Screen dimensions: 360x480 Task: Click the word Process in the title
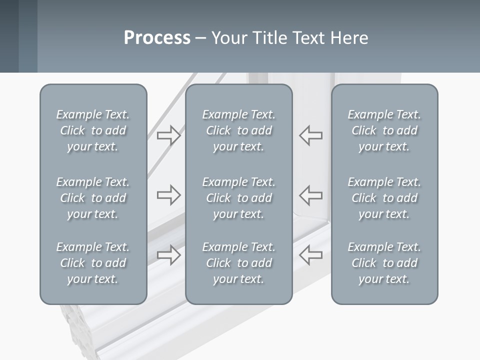[157, 38]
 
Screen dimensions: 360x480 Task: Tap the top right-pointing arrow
[168, 135]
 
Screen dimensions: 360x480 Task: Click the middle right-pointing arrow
[168, 194]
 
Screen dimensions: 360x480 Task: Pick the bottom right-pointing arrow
[168, 255]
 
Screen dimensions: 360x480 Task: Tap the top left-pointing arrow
[311, 135]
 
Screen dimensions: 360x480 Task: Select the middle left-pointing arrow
[311, 194]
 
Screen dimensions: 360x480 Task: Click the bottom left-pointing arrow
[311, 255]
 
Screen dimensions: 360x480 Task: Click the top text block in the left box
[93, 130]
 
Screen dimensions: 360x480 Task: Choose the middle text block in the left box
[93, 198]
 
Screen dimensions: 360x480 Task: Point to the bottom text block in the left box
[93, 263]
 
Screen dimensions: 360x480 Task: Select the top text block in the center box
[238, 130]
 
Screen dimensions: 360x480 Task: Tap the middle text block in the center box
[238, 198]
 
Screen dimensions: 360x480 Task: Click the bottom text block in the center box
[238, 263]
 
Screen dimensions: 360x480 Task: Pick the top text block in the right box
[384, 130]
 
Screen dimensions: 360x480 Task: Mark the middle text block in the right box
[384, 198]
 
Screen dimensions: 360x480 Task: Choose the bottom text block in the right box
[384, 263]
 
